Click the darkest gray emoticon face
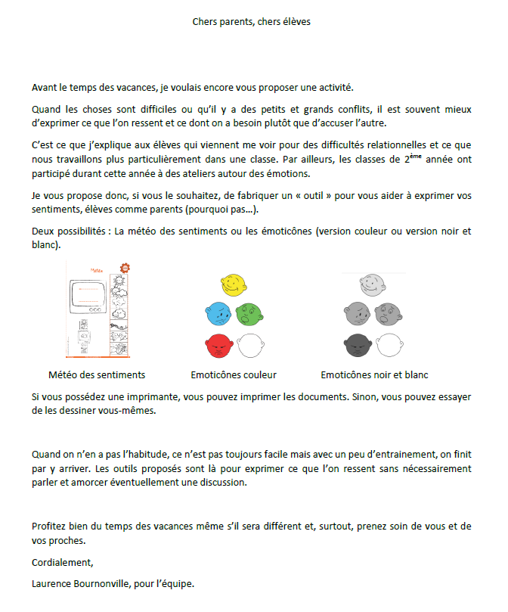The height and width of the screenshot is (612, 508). click(x=358, y=346)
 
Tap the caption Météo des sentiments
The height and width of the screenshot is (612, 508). click(x=97, y=374)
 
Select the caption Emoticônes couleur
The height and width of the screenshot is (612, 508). click(x=234, y=374)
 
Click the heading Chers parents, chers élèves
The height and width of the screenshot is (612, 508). click(x=252, y=22)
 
